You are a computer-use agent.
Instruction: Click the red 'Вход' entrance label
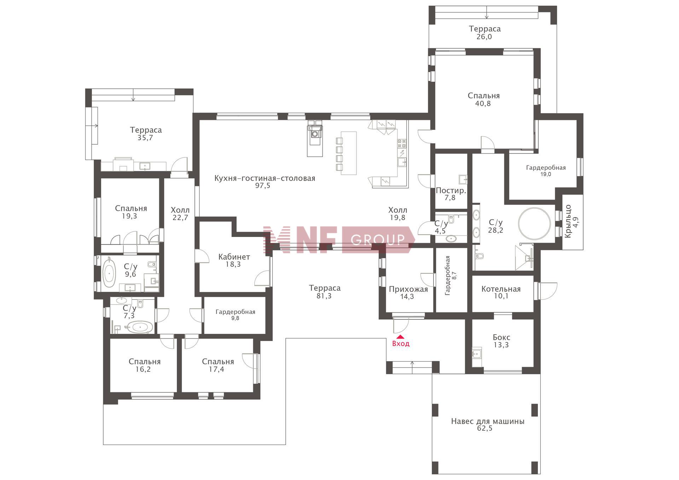[401, 343]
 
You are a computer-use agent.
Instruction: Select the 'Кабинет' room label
[234, 257]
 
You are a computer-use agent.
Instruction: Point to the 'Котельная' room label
[501, 289]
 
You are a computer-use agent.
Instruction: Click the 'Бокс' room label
[501, 337]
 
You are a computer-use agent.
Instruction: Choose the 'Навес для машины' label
[488, 421]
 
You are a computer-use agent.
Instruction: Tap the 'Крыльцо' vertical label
[568, 221]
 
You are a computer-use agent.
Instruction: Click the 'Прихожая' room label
[408, 289]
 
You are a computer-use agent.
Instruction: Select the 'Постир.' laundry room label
[451, 191]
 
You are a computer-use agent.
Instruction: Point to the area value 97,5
[263, 186]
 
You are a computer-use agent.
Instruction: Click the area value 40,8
[483, 104]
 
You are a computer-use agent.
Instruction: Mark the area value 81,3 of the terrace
[324, 296]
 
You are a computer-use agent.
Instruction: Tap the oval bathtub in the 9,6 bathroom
[109, 273]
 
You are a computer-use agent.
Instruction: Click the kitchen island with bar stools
[348, 153]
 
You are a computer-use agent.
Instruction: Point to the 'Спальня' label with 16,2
[144, 362]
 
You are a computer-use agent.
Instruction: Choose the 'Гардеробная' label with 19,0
[546, 168]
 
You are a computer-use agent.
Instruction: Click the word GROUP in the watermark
[377, 240]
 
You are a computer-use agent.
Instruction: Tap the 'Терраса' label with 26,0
[484, 29]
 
